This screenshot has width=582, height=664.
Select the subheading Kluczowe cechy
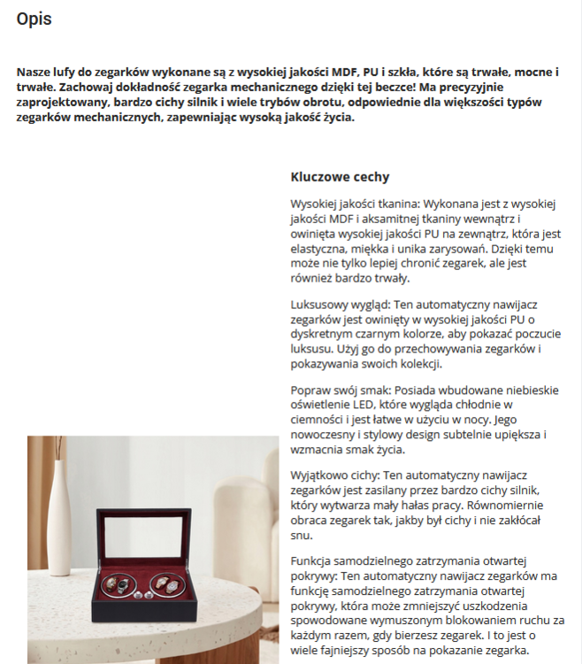340,177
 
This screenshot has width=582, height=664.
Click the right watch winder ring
168,585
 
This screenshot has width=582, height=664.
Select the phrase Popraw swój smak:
341,390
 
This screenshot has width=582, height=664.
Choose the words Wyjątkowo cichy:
333,475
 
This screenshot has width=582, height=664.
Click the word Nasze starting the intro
35,72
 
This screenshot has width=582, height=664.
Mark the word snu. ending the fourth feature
302,535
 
